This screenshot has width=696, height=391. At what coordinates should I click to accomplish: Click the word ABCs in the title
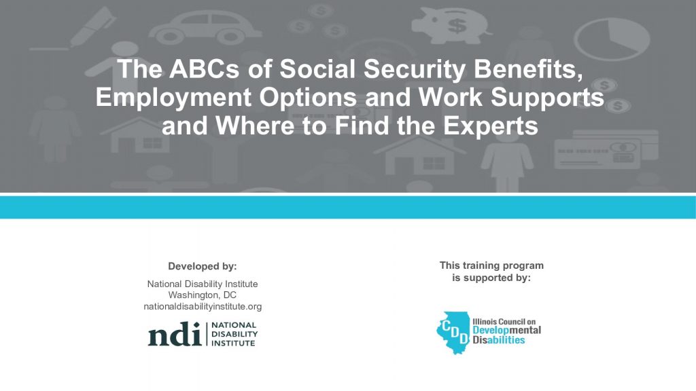tap(204, 69)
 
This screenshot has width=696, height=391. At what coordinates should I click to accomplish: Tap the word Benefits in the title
tap(528, 69)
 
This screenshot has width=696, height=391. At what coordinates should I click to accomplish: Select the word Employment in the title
tap(174, 98)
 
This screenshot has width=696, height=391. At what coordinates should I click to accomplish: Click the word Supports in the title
tap(547, 98)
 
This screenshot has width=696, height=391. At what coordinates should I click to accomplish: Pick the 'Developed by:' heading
tap(203, 266)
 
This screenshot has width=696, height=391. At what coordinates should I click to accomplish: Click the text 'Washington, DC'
tap(203, 295)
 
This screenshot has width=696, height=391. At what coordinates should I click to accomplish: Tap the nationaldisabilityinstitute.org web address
tap(203, 306)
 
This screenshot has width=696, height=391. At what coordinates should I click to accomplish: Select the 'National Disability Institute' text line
tap(203, 284)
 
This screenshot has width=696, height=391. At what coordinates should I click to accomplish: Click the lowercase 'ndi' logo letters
tap(175, 334)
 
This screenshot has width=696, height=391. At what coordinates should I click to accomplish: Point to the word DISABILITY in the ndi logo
tap(234, 334)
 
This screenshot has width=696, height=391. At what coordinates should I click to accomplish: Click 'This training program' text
tap(491, 265)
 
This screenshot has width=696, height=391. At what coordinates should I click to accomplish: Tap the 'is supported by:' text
tap(491, 278)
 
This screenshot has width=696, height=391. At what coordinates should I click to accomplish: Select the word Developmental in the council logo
tap(506, 331)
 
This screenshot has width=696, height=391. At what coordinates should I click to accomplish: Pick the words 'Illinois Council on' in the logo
tap(504, 321)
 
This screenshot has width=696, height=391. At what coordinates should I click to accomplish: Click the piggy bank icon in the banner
tap(450, 25)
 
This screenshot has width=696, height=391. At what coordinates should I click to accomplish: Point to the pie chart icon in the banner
tap(612, 39)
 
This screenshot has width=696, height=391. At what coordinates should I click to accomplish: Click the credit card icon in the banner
tap(606, 149)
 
